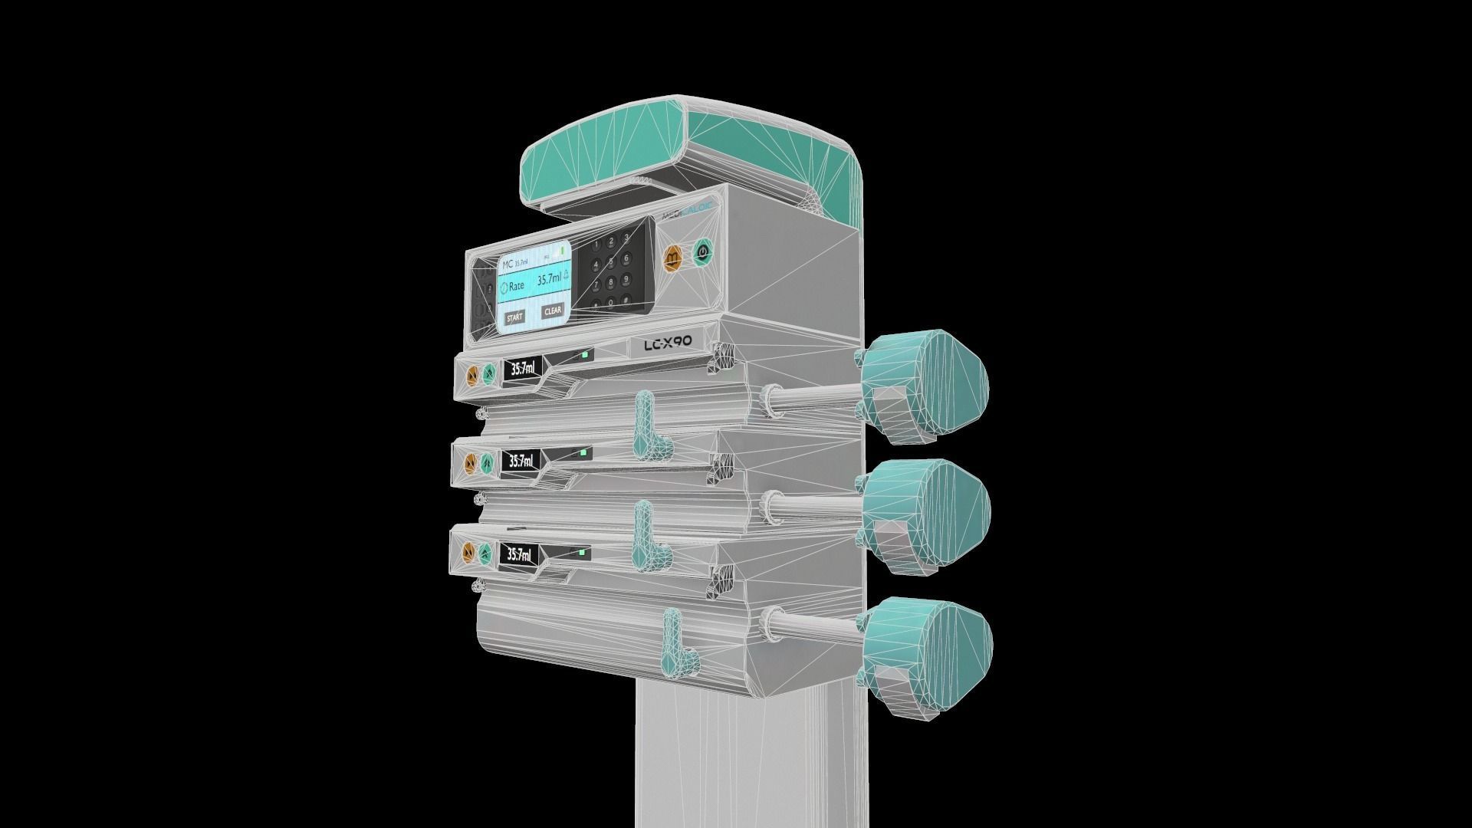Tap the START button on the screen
(x=514, y=317)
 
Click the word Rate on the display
(x=516, y=286)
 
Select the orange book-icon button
(x=673, y=258)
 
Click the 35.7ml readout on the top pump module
(x=523, y=369)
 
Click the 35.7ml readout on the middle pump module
(x=521, y=461)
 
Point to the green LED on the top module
(x=585, y=354)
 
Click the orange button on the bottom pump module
(x=468, y=552)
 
